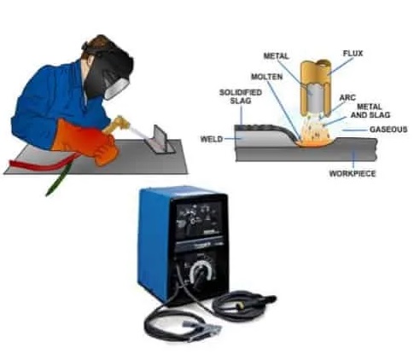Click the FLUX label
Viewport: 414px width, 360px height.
point(353,54)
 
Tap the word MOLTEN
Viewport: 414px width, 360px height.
point(267,77)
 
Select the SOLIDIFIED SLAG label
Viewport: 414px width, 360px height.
point(241,96)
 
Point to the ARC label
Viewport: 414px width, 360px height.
point(347,97)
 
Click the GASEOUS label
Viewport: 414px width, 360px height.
point(388,130)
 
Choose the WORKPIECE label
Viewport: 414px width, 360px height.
point(353,173)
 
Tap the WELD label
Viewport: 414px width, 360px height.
point(212,139)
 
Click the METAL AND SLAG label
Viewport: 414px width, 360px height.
point(370,111)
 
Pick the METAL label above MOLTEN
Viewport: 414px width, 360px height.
point(276,56)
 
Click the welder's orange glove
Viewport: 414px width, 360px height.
point(85,142)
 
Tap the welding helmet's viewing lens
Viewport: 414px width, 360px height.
point(117,88)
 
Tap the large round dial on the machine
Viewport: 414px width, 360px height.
point(201,273)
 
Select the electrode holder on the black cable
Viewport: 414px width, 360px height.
point(262,301)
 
